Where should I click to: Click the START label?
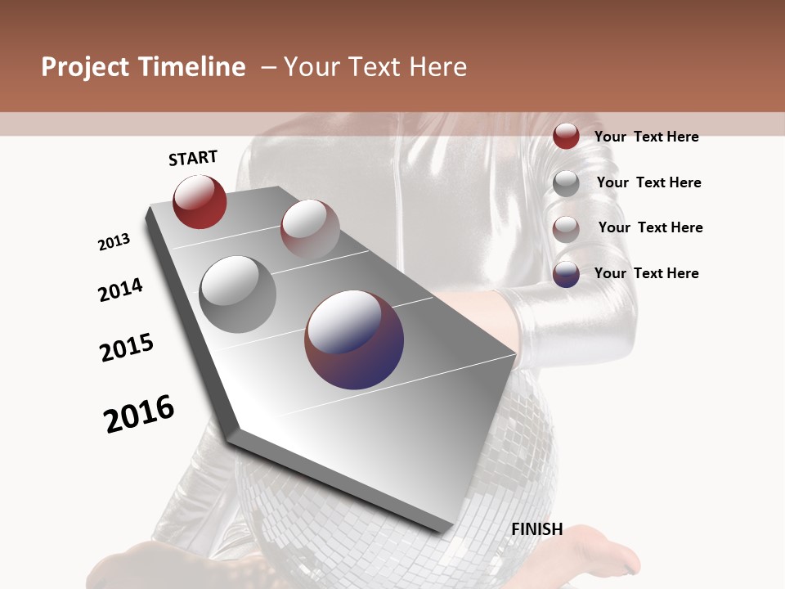point(193,158)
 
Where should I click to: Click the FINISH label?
point(536,529)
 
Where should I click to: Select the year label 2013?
point(114,242)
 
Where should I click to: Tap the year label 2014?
point(120,290)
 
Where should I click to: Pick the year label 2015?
point(127,348)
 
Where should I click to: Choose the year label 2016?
point(139,414)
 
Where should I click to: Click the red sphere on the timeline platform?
point(200,201)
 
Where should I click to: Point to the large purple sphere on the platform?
point(354,339)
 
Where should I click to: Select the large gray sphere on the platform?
point(238,294)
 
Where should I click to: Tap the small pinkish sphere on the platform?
point(310,228)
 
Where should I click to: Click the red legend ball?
point(566,137)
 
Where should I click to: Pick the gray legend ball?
point(566,183)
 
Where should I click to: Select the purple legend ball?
point(566,274)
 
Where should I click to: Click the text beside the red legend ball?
point(646,137)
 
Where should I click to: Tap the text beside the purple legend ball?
point(646,273)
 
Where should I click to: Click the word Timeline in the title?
point(193,67)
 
